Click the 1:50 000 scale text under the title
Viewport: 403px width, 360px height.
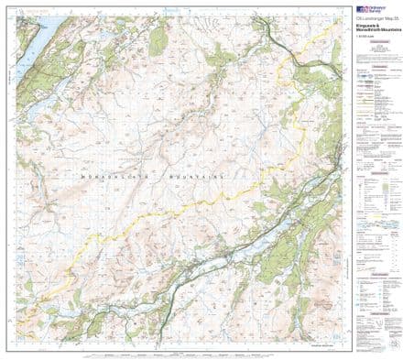pyautogui.click(x=365, y=36)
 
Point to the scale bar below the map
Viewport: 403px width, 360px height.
pyautogui.click(x=183, y=352)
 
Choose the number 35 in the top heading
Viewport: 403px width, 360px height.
pyautogui.click(x=395, y=16)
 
